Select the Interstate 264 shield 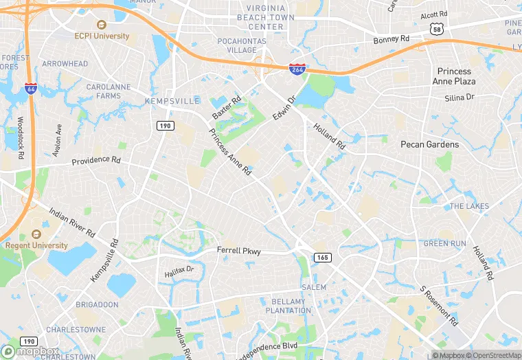(x=297, y=69)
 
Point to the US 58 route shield (x=437, y=28)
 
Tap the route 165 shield (x=323, y=257)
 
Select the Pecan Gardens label (x=429, y=145)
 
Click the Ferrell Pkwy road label (x=239, y=251)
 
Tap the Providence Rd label (x=96, y=161)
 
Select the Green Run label (x=444, y=243)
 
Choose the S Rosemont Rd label (x=439, y=307)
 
